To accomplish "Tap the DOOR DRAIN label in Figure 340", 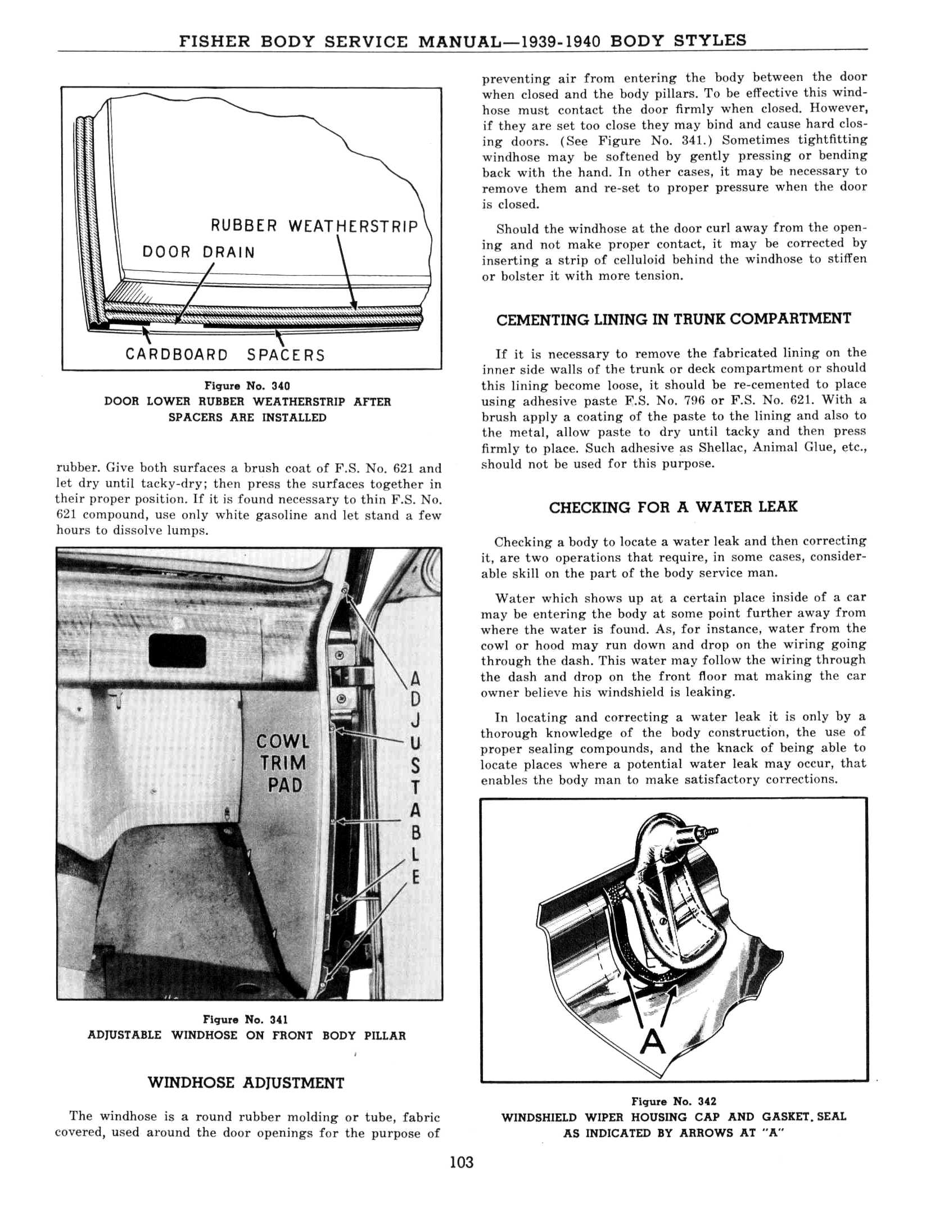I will (x=198, y=252).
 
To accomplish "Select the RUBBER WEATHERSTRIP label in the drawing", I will (x=314, y=226).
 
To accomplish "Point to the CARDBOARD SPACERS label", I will (x=225, y=355).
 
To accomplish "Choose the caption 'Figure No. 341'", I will (x=246, y=1020).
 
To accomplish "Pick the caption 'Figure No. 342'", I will (x=674, y=1102).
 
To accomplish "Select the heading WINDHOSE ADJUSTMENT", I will (x=246, y=1083).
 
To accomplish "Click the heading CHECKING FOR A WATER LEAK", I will (x=673, y=507).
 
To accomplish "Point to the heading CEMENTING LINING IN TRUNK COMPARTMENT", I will (x=674, y=320).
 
